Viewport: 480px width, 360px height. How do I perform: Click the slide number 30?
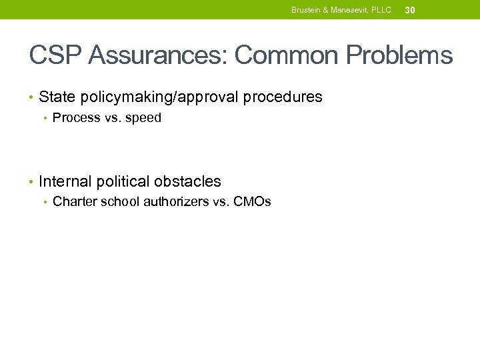(410, 10)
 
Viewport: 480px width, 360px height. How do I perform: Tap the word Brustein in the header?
(307, 10)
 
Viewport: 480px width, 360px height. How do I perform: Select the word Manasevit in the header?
(352, 10)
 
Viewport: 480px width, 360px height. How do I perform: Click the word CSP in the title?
(55, 55)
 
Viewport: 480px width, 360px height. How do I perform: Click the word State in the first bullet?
(57, 97)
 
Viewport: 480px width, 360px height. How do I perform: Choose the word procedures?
(283, 97)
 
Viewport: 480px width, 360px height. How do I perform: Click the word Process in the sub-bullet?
(76, 119)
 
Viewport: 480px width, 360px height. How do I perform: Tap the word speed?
(143, 119)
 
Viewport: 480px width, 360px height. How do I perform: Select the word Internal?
(65, 181)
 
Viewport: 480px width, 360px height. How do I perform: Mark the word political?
(123, 181)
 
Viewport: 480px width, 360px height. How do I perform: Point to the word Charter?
(74, 202)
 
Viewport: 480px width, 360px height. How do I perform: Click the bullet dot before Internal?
(31, 182)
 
